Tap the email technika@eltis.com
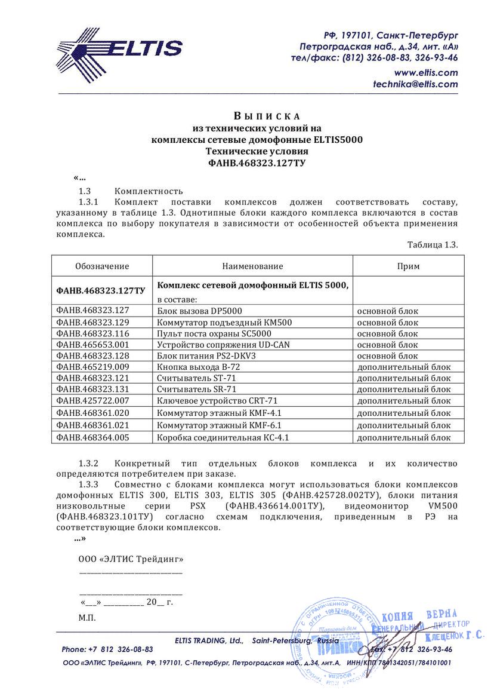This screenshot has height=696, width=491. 415,85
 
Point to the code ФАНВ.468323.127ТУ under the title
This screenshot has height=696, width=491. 257,163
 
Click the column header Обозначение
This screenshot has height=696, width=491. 102,266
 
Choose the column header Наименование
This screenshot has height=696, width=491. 252,266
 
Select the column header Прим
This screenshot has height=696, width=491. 408,266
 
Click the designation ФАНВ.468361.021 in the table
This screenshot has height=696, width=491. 92,425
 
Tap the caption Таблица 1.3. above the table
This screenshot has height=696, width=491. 433,245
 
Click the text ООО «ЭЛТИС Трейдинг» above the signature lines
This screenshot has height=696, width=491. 131,560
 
